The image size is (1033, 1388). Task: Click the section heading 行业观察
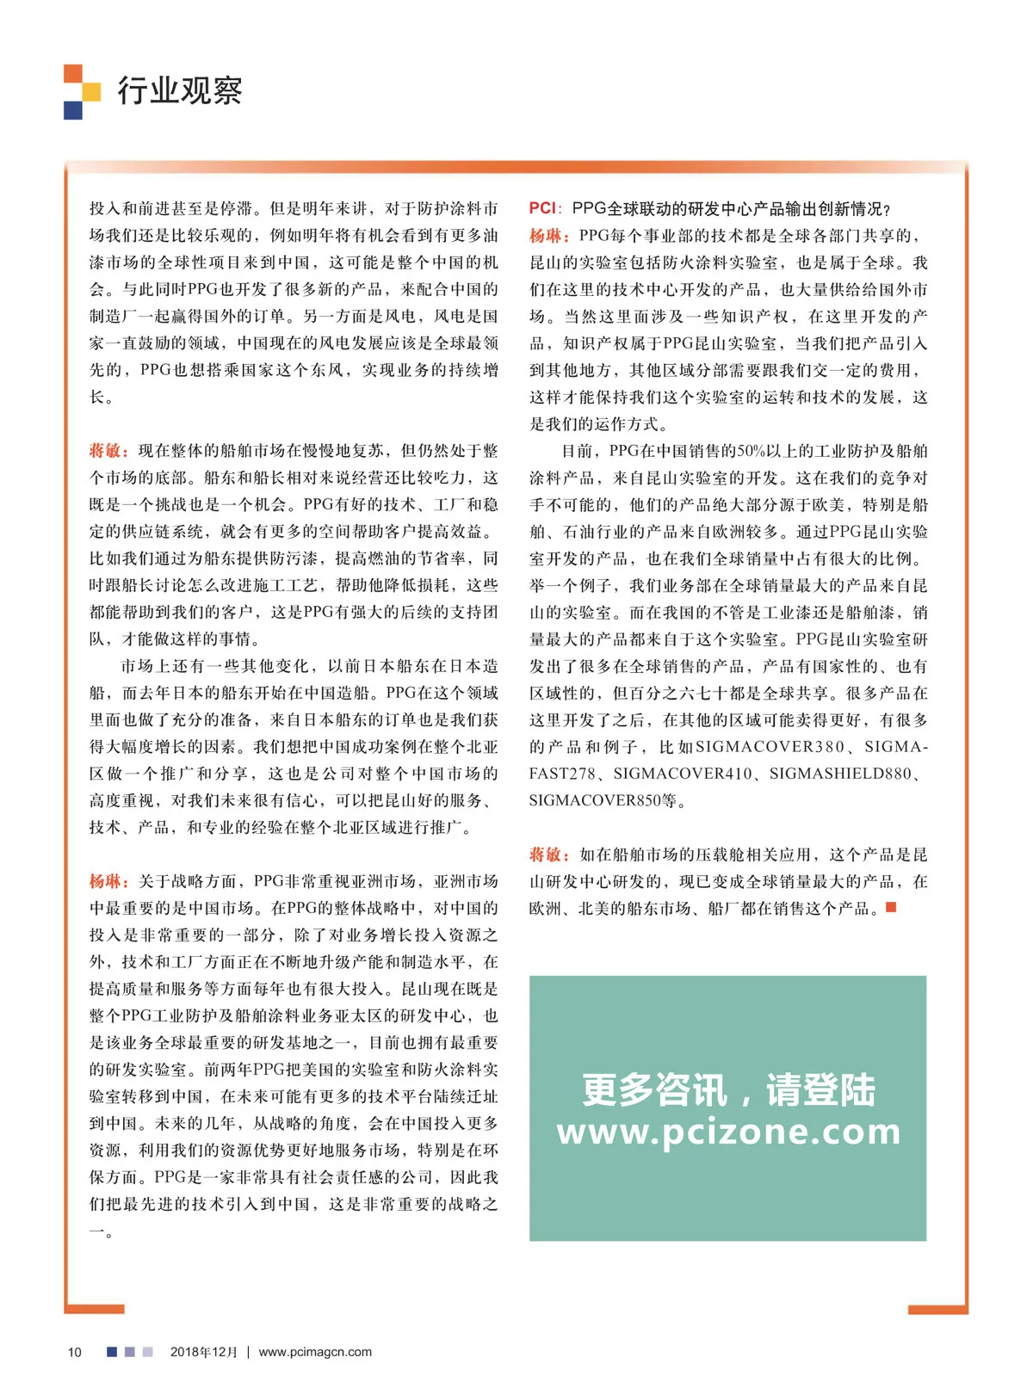(179, 90)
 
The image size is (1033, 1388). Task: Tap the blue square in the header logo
(72, 110)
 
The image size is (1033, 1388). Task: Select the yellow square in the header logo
(91, 91)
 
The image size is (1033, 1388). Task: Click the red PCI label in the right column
(542, 208)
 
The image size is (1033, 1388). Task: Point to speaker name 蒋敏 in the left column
(108, 451)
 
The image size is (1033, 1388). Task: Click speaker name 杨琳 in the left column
(108, 881)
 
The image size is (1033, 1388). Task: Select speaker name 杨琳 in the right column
(547, 236)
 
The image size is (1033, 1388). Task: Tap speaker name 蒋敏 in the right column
(547, 854)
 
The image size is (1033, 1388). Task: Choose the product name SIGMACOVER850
(595, 800)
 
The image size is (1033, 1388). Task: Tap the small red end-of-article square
(891, 907)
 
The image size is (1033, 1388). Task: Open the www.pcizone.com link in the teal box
(728, 1132)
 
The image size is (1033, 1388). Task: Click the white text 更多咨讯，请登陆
(728, 1090)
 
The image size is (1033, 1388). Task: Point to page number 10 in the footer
(75, 1352)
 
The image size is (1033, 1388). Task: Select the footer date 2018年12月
(203, 1352)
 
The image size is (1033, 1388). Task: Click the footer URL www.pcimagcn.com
(315, 1352)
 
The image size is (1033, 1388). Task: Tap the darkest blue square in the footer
(112, 1352)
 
